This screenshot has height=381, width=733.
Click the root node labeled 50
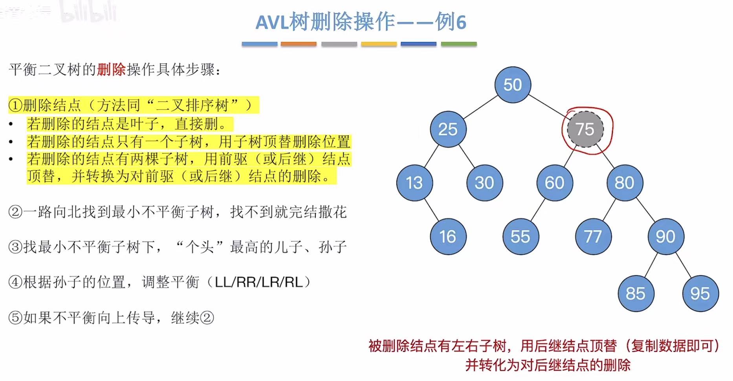point(513,85)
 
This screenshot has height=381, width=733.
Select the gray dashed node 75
point(585,129)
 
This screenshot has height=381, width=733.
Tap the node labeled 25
point(448,129)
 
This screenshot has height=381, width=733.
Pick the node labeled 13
point(414,183)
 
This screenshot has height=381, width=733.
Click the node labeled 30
point(484,183)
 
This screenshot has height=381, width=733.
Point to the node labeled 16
point(448,237)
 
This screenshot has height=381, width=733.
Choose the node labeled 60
point(554,183)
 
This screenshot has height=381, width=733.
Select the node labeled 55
point(520,237)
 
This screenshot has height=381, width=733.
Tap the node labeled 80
point(624,183)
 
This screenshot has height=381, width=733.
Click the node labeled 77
point(593,237)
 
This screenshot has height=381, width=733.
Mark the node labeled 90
point(665,237)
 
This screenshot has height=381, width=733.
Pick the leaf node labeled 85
point(635,293)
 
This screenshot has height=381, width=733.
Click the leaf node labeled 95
point(700,293)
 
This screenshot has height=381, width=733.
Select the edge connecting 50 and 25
point(480,107)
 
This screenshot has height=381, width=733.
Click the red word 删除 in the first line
point(111,70)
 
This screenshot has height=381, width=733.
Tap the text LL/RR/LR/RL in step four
point(259,282)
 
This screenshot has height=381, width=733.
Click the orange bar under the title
point(299,44)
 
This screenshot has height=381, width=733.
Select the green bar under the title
point(459,44)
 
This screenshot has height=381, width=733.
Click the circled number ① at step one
point(15,105)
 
